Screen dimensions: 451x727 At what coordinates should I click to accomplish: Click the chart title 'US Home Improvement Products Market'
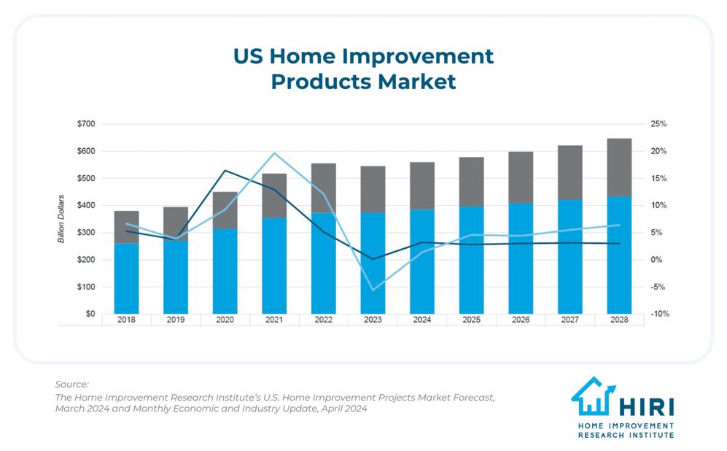(363, 69)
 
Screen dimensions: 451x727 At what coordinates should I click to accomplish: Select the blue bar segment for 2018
(126, 278)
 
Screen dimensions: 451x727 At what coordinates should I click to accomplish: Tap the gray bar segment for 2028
(619, 167)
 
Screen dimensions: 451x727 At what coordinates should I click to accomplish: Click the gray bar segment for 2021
(274, 195)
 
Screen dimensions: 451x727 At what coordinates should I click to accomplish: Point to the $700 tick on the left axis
(85, 124)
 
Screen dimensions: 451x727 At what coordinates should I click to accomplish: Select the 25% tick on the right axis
(659, 124)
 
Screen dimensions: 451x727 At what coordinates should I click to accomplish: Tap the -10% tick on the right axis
(659, 314)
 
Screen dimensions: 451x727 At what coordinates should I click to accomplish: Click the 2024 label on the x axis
(422, 320)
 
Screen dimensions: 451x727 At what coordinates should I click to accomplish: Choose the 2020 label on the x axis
(225, 320)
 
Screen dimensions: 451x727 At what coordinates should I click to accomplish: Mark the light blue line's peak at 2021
(274, 153)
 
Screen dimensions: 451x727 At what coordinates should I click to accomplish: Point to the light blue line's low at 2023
(373, 290)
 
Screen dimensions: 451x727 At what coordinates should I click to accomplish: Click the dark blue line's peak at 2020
(225, 171)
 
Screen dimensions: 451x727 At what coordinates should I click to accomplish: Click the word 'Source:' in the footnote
(71, 384)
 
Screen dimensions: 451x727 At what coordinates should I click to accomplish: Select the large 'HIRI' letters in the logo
(646, 407)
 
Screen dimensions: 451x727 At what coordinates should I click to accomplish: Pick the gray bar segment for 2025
(471, 182)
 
